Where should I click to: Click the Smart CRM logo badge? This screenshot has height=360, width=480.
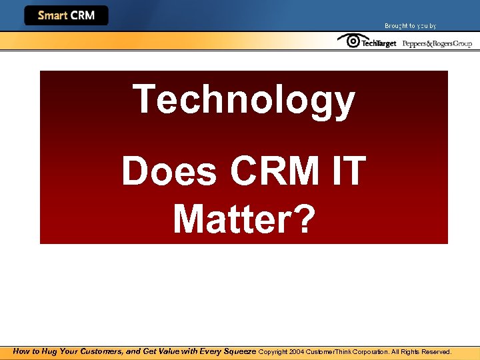(66, 15)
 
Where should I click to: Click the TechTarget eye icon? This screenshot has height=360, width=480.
(349, 41)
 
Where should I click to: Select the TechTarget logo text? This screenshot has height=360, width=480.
(378, 43)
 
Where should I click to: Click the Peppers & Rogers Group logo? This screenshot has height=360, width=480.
(437, 43)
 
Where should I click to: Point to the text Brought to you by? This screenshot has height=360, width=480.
(410, 26)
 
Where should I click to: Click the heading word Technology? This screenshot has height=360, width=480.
(244, 100)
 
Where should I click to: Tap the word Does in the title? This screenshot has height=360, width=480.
(169, 171)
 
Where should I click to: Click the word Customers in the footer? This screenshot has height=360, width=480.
(102, 351)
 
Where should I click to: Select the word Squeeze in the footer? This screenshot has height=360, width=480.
(236, 351)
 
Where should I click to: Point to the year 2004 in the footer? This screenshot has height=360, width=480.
(296, 351)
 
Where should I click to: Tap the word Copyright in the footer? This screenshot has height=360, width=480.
(273, 351)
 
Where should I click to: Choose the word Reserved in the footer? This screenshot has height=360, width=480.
(436, 351)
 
